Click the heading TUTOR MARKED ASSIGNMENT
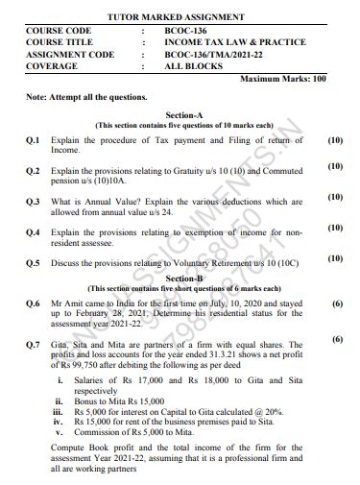coord(177,16)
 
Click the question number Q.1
coord(33,141)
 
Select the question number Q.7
coord(33,343)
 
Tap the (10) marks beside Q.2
coord(335,167)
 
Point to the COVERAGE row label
coord(54,67)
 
